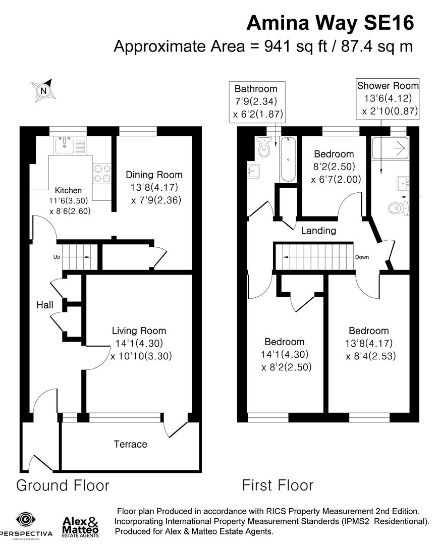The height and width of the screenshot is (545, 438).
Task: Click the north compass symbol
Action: click(x=43, y=90)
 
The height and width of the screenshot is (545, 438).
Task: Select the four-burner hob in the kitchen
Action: click(x=101, y=173)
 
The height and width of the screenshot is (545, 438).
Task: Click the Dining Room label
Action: click(x=154, y=175)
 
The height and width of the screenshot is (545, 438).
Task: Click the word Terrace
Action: click(x=130, y=444)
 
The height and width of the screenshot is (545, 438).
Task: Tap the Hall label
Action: click(x=45, y=305)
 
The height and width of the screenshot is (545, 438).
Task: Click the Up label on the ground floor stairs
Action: click(x=57, y=257)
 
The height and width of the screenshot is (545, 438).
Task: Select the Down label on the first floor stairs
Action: click(x=361, y=257)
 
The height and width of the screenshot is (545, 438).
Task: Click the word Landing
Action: click(x=318, y=231)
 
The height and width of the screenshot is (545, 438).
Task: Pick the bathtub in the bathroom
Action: click(x=287, y=159)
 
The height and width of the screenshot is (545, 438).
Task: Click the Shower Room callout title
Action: click(x=387, y=85)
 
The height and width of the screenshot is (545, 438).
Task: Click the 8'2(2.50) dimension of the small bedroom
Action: click(x=334, y=167)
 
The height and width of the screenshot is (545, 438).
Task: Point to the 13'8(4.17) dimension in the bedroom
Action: click(x=368, y=344)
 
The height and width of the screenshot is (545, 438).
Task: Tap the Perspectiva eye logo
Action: click(x=24, y=520)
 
